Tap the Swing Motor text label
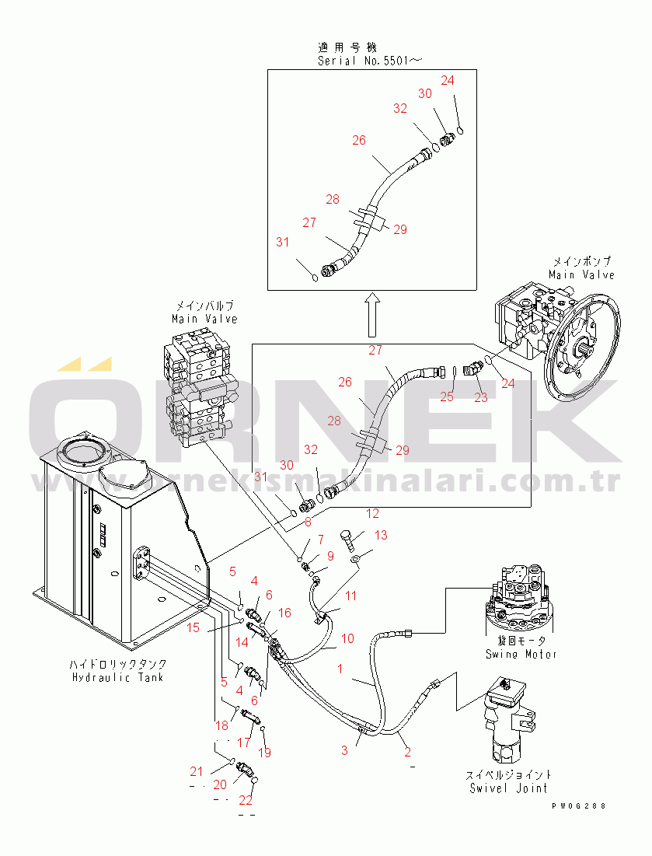(521, 654)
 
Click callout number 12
(373, 514)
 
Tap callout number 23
(481, 397)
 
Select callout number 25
(446, 397)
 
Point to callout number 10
(347, 638)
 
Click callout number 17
(244, 743)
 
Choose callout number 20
(220, 784)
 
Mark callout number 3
(344, 750)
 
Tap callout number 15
(193, 627)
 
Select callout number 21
(197, 771)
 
